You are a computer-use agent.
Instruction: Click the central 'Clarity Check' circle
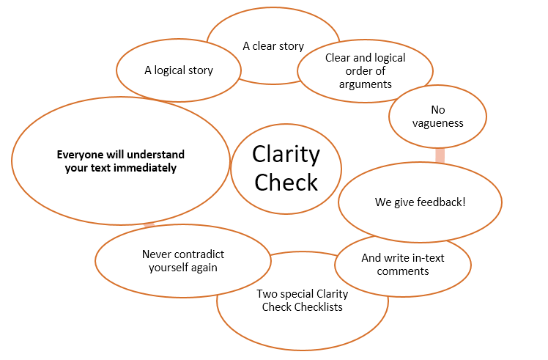(x=286, y=168)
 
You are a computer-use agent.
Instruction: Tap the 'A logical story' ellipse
(x=178, y=70)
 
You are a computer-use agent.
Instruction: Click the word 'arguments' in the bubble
(x=365, y=84)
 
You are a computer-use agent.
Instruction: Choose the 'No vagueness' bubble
(x=437, y=117)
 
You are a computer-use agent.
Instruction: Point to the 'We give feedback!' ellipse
(x=420, y=202)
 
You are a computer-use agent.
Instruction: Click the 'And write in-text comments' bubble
(x=402, y=265)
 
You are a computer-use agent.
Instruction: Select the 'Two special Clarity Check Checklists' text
(x=302, y=301)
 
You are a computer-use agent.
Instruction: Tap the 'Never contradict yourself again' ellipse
(x=182, y=261)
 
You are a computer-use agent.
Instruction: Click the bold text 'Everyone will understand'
(x=121, y=155)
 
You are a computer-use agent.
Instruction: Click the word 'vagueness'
(x=437, y=123)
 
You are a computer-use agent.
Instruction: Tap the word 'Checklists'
(x=318, y=306)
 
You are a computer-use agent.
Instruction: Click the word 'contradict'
(x=198, y=254)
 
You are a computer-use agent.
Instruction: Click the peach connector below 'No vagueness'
(x=440, y=156)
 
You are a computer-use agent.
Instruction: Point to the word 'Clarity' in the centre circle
(x=286, y=155)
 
